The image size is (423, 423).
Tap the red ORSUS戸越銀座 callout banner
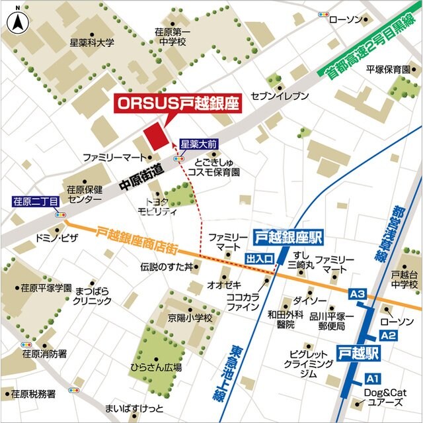(x=178, y=104)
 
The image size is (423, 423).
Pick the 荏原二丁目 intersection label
(x=36, y=201)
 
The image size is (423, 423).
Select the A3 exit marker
(x=357, y=293)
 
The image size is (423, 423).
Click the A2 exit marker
(x=387, y=336)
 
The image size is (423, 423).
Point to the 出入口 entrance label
(x=259, y=258)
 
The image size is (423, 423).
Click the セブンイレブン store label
(x=280, y=96)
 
